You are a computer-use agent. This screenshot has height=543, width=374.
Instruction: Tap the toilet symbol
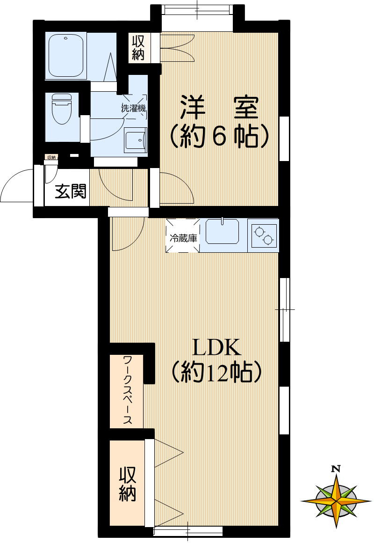60,109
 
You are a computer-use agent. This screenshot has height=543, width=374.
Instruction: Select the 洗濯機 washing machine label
134,108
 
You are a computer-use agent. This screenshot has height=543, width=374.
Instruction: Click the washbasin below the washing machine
136,139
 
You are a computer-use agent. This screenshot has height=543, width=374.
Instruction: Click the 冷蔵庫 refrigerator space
183,237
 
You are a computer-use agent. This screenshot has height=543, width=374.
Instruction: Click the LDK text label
216,348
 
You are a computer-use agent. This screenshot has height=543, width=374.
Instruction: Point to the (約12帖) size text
216,373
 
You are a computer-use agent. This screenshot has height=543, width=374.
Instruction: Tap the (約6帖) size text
219,136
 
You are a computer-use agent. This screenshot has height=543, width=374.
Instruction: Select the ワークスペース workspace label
127,390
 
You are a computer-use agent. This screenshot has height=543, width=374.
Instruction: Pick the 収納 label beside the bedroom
138,48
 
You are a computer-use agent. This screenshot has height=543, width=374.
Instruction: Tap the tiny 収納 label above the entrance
51,157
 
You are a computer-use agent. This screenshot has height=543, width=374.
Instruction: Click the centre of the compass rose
336,500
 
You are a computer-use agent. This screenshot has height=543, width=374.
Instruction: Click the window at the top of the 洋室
197,10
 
